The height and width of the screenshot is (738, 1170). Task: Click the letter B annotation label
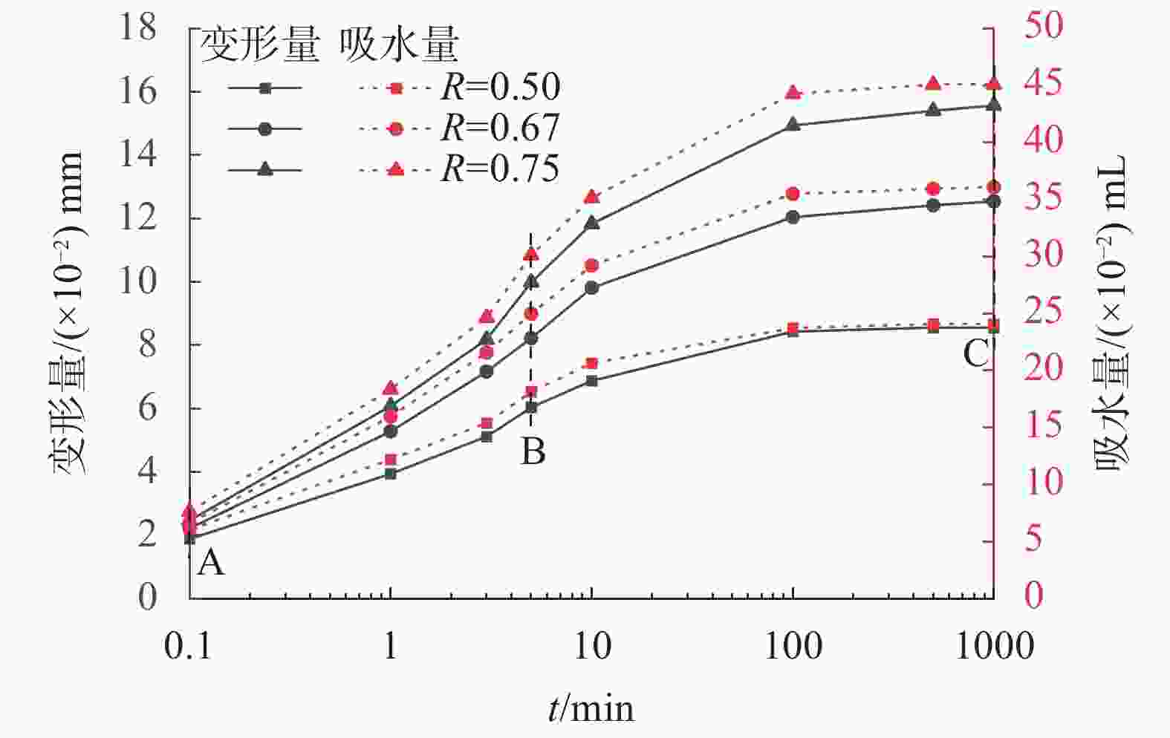tap(533, 451)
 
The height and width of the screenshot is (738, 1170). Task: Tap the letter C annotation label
tap(975, 354)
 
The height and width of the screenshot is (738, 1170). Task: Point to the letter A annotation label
tap(211, 564)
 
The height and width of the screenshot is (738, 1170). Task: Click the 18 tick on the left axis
tap(139, 28)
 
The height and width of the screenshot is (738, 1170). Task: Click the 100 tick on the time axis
tap(793, 646)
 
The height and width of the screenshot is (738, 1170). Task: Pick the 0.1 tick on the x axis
tap(188, 646)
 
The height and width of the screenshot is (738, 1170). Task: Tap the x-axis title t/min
tap(591, 708)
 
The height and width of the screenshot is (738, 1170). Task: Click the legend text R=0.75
tap(500, 169)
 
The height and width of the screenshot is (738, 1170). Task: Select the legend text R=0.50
tap(500, 88)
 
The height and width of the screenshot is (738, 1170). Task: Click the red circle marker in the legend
tap(396, 128)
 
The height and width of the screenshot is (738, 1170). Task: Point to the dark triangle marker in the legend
tap(265, 169)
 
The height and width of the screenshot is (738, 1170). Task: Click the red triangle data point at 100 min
tap(793, 93)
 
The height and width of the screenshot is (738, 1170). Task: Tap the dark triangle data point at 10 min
tap(592, 223)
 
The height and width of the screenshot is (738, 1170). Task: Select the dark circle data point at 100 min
tap(793, 218)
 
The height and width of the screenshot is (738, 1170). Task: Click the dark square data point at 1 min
tap(391, 473)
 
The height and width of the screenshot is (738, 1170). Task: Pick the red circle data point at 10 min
tap(591, 266)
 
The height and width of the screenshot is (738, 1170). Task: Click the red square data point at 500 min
tap(933, 324)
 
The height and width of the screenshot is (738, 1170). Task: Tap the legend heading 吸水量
tap(399, 46)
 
